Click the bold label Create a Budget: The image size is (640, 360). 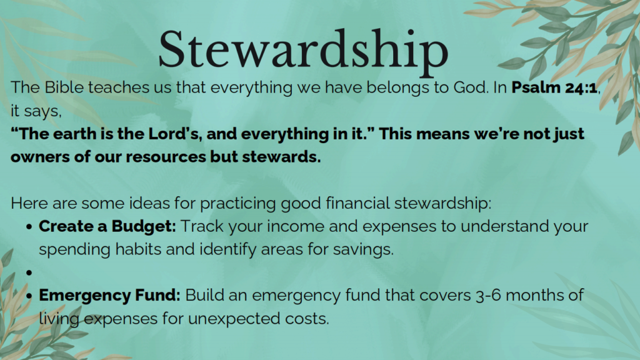(107, 226)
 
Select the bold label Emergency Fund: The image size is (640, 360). (109, 295)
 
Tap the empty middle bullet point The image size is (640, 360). (29, 272)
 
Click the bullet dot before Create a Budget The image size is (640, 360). (29, 226)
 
